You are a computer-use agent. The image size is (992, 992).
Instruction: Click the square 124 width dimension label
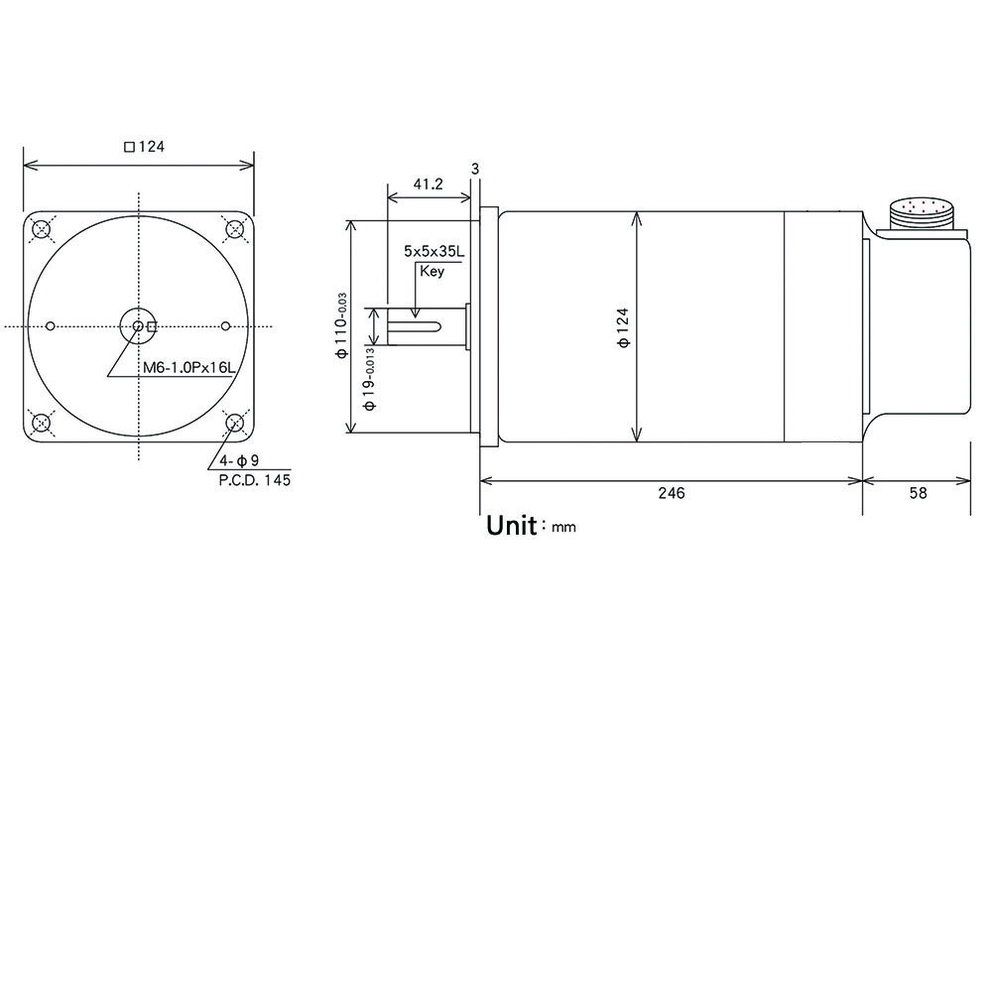tap(144, 147)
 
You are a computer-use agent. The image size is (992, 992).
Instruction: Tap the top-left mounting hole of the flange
tap(41, 230)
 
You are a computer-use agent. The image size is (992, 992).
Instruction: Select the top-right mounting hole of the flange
tap(235, 230)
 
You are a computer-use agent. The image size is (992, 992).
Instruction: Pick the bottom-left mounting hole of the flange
tap(41, 424)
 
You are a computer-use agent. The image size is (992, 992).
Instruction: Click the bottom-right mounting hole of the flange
tap(235, 424)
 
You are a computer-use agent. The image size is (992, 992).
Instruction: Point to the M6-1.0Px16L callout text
tap(187, 368)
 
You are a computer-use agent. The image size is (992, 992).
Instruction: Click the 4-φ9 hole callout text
tap(239, 460)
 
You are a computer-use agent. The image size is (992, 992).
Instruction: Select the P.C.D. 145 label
tap(254, 480)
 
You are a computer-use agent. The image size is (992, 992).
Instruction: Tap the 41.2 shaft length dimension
tap(428, 185)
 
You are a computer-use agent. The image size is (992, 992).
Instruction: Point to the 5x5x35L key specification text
tap(434, 252)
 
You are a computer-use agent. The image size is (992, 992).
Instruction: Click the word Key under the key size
tap(432, 271)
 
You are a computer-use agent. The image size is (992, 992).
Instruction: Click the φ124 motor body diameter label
tap(623, 326)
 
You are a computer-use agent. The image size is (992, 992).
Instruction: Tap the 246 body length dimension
tap(672, 493)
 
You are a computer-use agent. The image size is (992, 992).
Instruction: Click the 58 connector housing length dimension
tap(918, 493)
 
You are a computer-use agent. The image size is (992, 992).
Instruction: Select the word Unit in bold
tap(511, 526)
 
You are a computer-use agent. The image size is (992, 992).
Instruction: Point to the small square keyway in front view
tap(152, 326)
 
